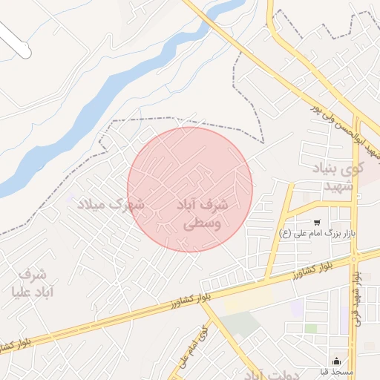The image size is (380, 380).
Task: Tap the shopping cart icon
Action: pos(317,222)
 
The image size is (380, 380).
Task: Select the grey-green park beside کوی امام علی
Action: pos(239,324)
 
